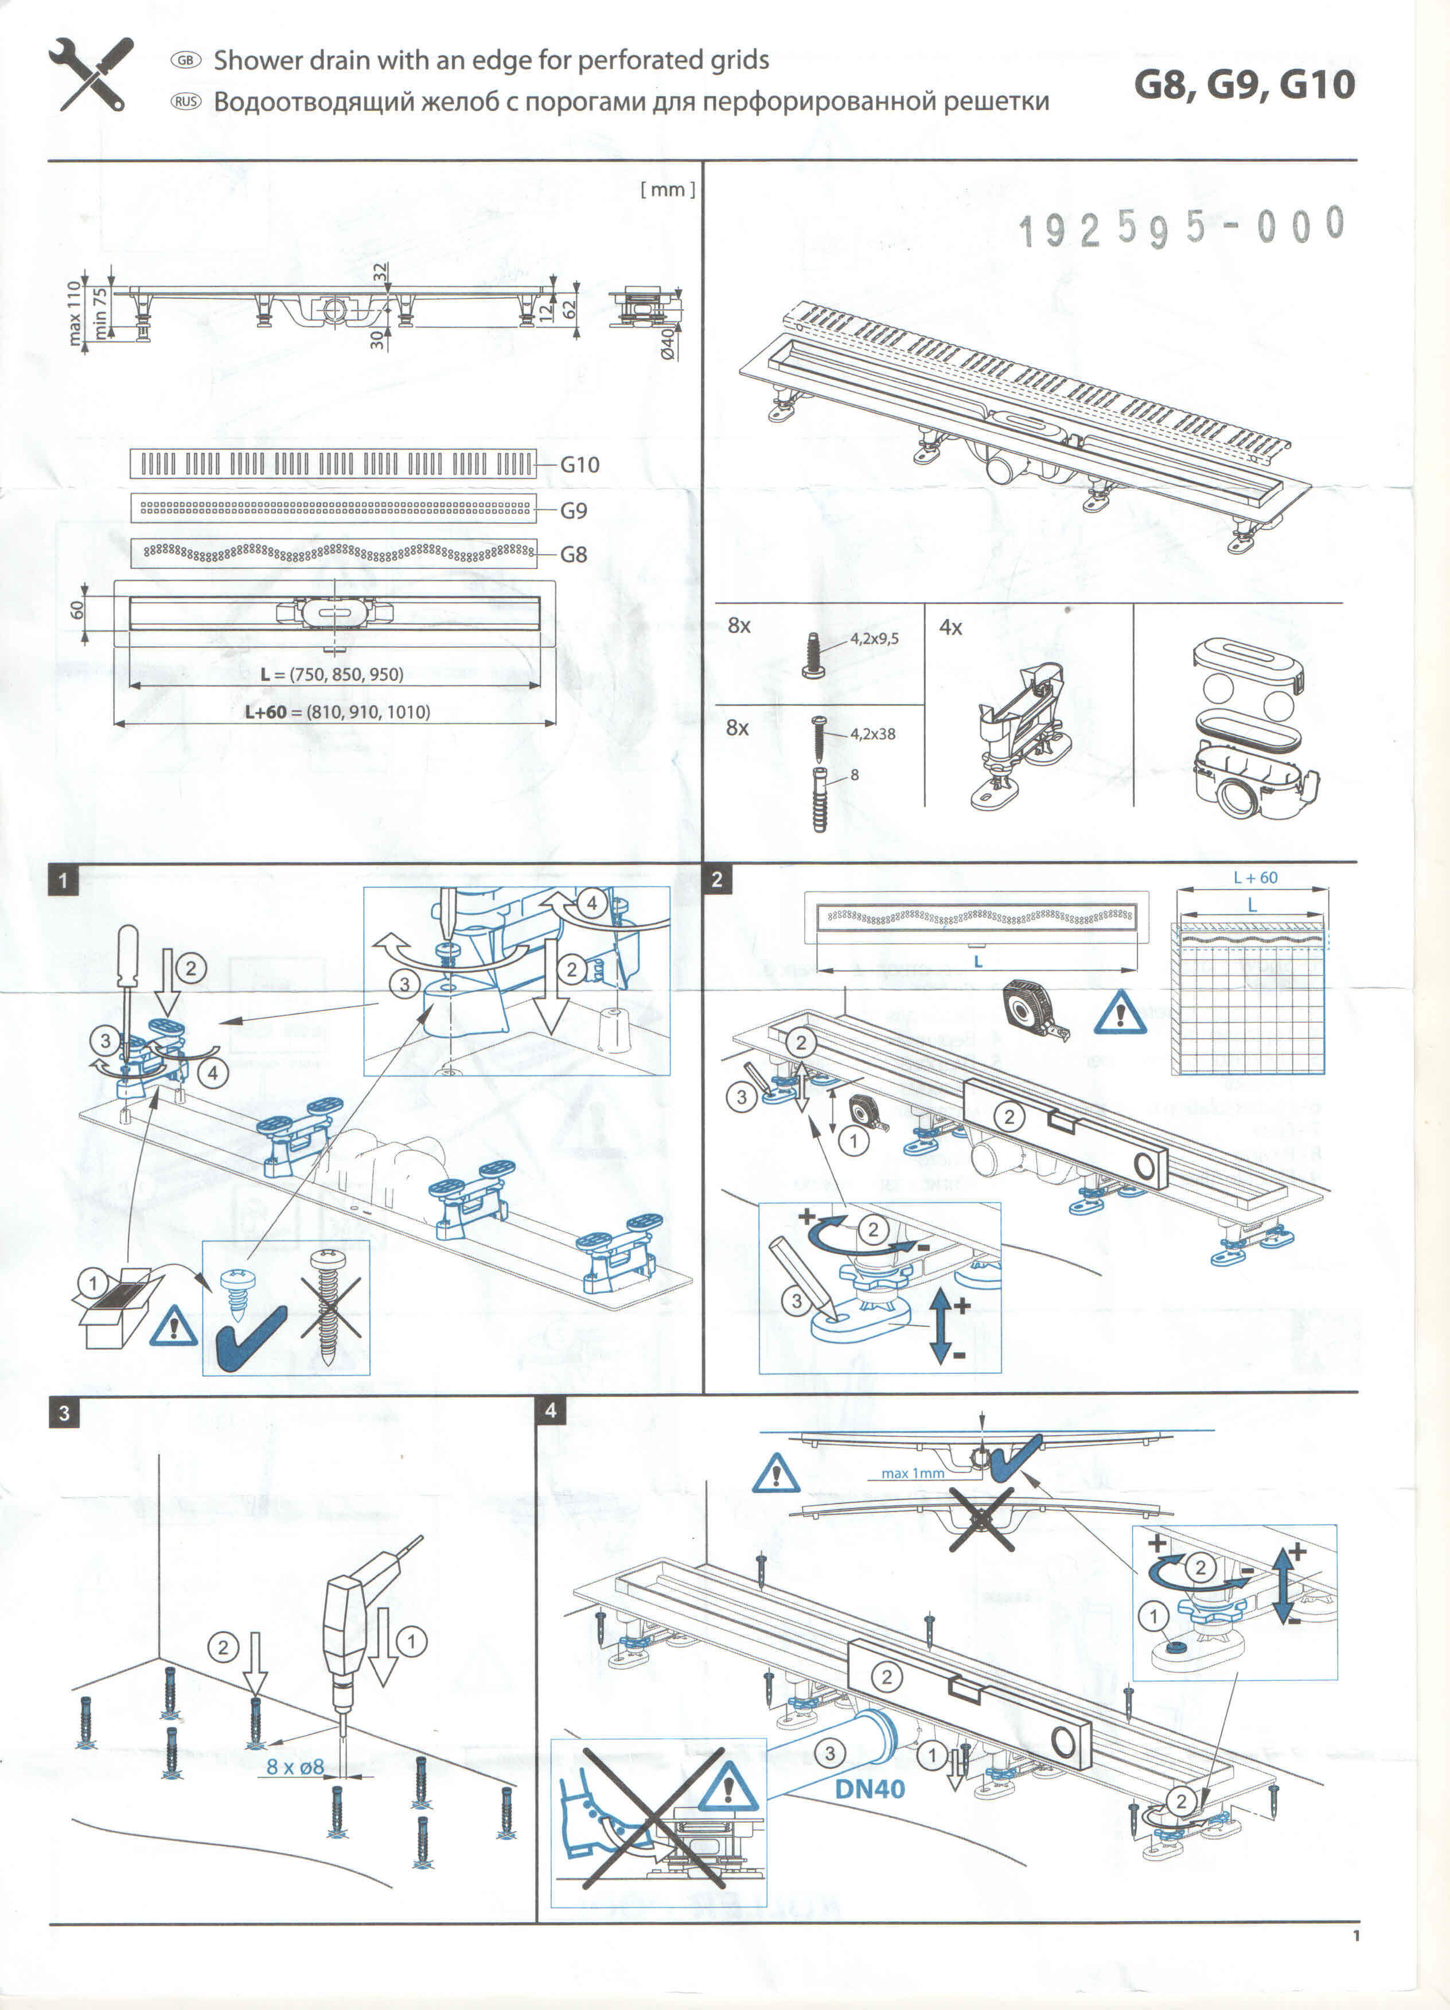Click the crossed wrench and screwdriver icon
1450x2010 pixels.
[x=91, y=75]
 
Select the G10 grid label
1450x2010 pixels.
[x=580, y=465]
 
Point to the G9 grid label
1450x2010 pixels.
[x=574, y=511]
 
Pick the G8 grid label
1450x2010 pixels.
[x=574, y=555]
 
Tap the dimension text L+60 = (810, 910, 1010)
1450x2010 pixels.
[x=338, y=712]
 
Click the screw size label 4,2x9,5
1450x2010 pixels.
[x=874, y=638]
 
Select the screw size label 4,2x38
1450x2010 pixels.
[x=872, y=734]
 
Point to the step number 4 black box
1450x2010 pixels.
[x=551, y=1410]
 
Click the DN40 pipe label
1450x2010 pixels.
[x=870, y=1789]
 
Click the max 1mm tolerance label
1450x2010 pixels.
[x=912, y=1473]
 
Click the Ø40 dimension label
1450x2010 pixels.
[x=668, y=343]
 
